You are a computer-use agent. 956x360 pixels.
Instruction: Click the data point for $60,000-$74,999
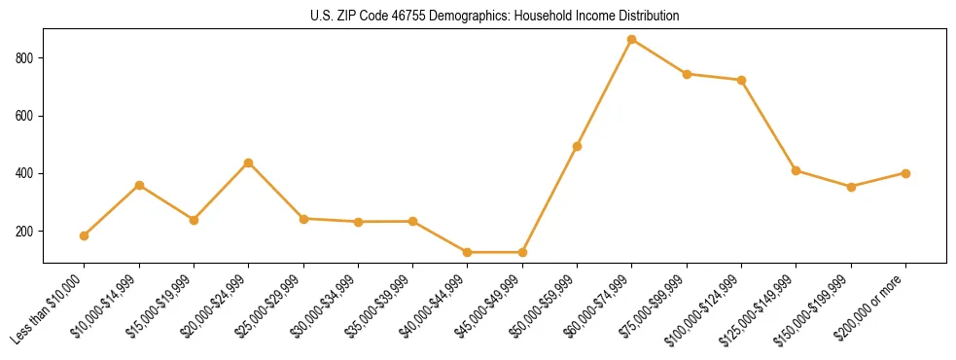632,40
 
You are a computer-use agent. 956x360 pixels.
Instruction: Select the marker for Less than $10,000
85,235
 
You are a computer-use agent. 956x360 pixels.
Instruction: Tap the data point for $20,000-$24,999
249,162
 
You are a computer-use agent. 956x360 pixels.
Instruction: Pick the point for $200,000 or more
905,173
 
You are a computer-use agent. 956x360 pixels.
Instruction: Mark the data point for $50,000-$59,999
577,146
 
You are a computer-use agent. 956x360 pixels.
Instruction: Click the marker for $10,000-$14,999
139,185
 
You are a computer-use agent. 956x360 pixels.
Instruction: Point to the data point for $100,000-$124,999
741,80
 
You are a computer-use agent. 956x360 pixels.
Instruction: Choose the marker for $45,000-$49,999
522,252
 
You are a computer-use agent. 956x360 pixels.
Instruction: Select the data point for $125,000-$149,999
796,170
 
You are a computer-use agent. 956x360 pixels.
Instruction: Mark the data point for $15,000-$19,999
194,220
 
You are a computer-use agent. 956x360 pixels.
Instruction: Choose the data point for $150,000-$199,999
851,187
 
